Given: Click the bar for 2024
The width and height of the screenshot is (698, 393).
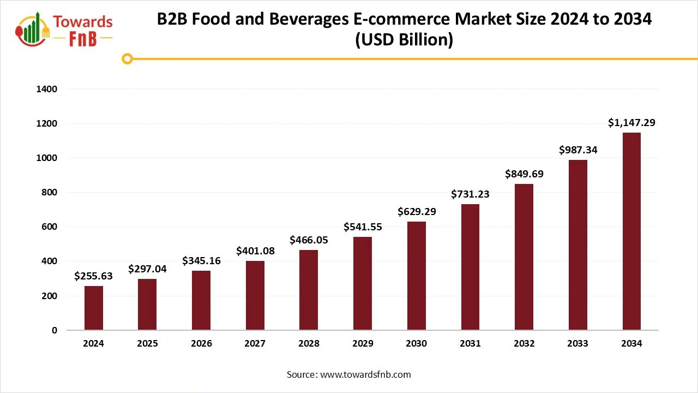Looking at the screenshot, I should pyautogui.click(x=94, y=308).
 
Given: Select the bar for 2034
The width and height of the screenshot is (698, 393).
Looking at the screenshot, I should pyautogui.click(x=631, y=231).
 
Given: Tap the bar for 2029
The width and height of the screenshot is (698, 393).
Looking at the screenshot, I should pyautogui.click(x=363, y=283).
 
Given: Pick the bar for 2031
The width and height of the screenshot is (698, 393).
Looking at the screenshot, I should pyautogui.click(x=470, y=267).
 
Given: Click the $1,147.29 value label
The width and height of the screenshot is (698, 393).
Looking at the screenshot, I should pyautogui.click(x=631, y=123).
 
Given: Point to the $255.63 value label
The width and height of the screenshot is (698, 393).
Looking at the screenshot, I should pyautogui.click(x=94, y=276).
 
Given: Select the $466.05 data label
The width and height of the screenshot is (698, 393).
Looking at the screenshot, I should pyautogui.click(x=309, y=240).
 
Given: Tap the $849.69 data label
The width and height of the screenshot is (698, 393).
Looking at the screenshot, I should pyautogui.click(x=524, y=174).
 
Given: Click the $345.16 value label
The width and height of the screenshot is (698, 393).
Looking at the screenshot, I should pyautogui.click(x=201, y=260).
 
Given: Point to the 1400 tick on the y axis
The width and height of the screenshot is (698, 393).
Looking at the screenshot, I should pyautogui.click(x=47, y=89).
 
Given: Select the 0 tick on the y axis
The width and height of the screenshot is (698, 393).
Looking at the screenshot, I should pyautogui.click(x=54, y=330).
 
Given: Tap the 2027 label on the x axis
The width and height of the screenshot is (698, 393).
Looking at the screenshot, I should pyautogui.click(x=255, y=344).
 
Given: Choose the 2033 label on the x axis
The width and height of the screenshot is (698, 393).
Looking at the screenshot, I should pyautogui.click(x=577, y=344).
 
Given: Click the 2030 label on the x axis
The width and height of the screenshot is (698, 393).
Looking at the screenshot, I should pyautogui.click(x=417, y=344).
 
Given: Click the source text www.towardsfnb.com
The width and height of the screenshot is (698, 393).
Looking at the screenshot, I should pyautogui.click(x=365, y=374).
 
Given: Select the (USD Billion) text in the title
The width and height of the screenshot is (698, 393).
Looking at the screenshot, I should pyautogui.click(x=404, y=40).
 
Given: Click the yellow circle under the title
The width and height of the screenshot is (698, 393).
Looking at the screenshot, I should pyautogui.click(x=127, y=58).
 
